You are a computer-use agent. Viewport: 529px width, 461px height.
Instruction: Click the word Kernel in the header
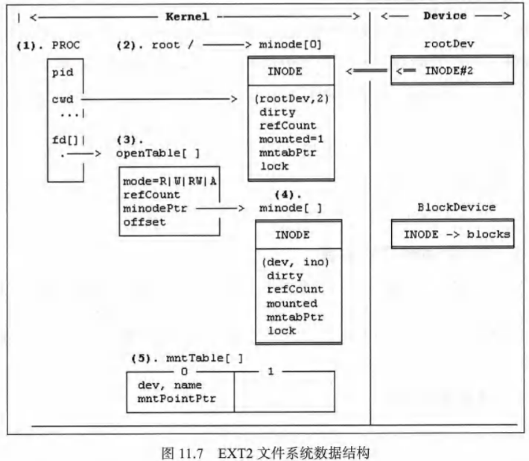point(186,16)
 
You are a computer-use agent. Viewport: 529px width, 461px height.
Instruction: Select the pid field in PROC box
point(62,74)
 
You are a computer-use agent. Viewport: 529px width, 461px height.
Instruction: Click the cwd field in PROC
point(62,98)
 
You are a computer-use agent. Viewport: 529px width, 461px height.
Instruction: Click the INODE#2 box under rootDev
point(452,71)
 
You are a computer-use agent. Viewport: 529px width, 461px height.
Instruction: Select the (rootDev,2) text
point(289,99)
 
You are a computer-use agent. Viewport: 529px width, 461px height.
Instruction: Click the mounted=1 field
point(291,139)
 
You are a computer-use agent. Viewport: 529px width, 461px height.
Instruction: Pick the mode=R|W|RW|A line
point(169,181)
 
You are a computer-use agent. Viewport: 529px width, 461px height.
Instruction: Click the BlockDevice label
point(452,208)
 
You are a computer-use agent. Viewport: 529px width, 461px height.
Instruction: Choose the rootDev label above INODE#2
point(452,44)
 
